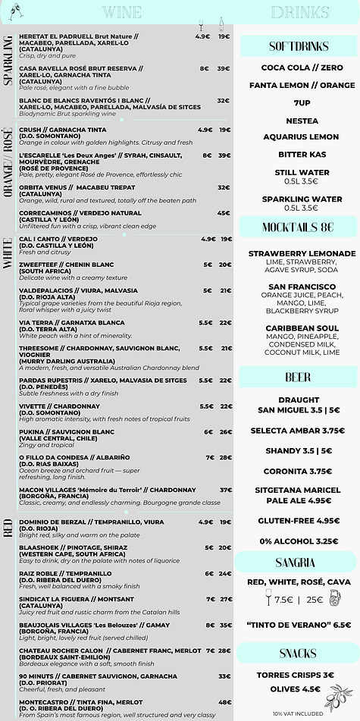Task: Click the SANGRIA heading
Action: tap(296, 562)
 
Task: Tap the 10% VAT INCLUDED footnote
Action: tap(297, 713)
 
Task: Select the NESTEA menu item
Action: tap(297, 121)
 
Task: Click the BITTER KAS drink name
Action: tap(297, 155)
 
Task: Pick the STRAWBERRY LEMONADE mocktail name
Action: tap(302, 253)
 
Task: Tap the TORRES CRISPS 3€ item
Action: tap(295, 675)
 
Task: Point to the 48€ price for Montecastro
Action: tap(224, 702)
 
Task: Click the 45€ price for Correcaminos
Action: tap(224, 213)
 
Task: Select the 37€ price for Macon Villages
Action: tap(225, 490)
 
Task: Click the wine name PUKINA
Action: tap(35, 431)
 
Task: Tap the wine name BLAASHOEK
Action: tap(41, 547)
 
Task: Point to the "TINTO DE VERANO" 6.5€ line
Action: tap(299, 625)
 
